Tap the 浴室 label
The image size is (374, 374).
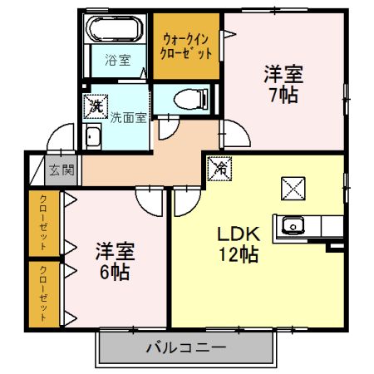click(x=117, y=60)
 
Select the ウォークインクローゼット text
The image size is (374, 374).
click(x=186, y=45)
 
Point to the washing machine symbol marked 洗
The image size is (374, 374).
click(x=96, y=106)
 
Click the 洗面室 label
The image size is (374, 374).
click(x=129, y=117)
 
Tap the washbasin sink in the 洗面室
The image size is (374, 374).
click(x=95, y=138)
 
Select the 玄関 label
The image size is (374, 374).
click(x=61, y=170)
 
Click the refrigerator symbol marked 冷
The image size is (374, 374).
click(x=222, y=168)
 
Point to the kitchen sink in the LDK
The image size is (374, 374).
click(x=293, y=225)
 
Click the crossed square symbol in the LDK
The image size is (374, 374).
click(x=295, y=188)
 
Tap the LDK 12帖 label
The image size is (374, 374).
click(x=240, y=244)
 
